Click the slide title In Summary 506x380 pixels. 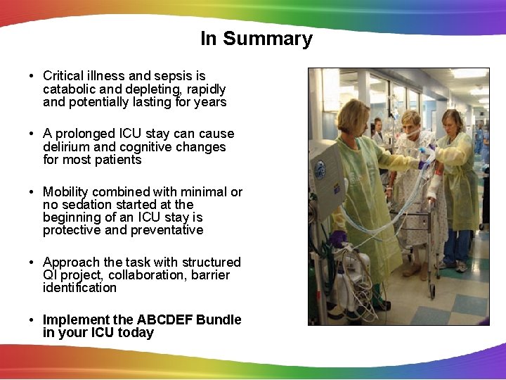coord(256,39)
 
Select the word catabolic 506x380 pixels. coord(71,89)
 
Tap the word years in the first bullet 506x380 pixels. coord(210,103)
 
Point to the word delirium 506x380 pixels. coord(66,147)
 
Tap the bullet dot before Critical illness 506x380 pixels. coord(33,76)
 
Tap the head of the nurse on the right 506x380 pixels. coord(453,121)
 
